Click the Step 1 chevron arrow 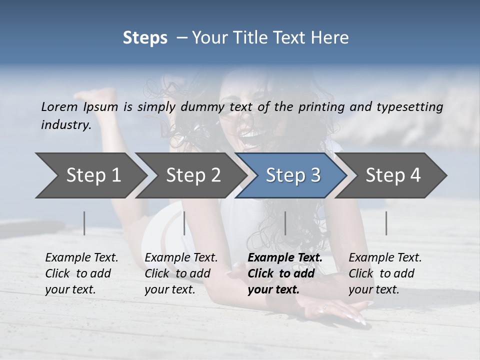93,175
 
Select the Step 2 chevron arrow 193,175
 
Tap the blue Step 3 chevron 293,175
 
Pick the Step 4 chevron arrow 393,175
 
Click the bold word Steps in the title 145,38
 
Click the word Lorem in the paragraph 59,106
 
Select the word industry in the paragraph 65,124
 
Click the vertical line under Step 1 84,223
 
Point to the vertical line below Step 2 184,223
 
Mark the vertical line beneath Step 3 285,223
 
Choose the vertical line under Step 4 386,223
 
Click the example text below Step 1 81,273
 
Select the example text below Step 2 181,273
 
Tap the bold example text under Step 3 285,273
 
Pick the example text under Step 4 385,273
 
